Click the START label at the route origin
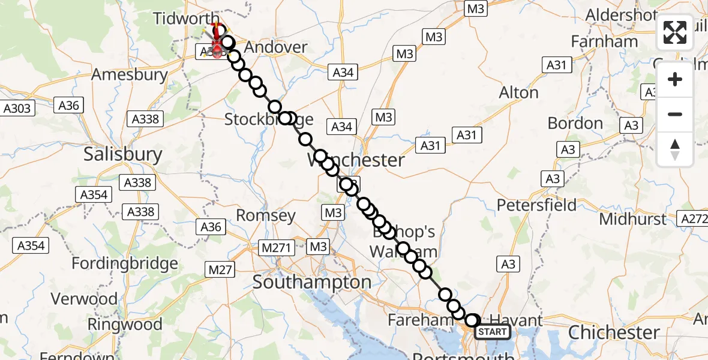pos(493,331)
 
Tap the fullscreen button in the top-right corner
pos(675,32)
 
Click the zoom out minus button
pos(675,114)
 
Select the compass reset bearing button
pos(675,149)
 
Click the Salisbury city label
pos(123,154)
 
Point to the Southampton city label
pos(312,282)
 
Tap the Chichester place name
pos(614,332)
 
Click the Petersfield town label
pos(536,205)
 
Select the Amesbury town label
pos(129,75)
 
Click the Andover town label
pos(276,47)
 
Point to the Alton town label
pos(519,93)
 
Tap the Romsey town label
pos(266,215)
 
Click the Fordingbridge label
pos(125,263)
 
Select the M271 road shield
pos(274,247)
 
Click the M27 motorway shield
pos(220,270)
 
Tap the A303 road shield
pos(17,109)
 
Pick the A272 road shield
pos(692,219)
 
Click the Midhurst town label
pos(632,220)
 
